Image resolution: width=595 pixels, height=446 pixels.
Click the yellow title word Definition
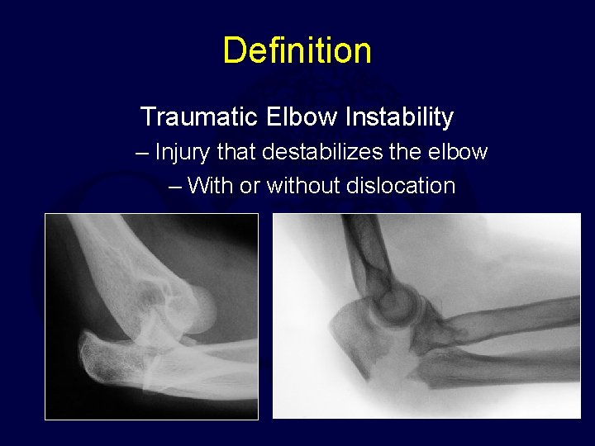click(297, 50)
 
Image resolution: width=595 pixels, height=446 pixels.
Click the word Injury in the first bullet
click(183, 153)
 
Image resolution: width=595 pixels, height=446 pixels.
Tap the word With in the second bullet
click(210, 186)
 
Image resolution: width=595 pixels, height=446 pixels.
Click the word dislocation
click(405, 186)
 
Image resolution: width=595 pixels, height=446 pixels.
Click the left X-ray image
click(151, 316)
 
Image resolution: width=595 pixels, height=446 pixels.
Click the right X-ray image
click(426, 316)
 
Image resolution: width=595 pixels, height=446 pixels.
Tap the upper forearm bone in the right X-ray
click(512, 318)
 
